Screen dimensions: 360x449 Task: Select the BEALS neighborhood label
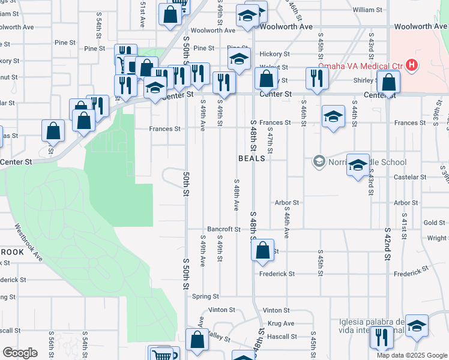tap(252, 158)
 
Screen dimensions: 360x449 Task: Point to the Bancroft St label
tap(223, 229)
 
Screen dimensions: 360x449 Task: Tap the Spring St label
tap(205, 296)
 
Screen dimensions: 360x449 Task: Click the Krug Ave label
tap(281, 323)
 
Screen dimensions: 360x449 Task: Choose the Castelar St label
tap(410, 177)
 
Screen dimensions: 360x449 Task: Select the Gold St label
tap(433, 223)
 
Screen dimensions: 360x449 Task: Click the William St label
tap(367, 10)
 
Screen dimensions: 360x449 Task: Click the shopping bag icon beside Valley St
tap(197, 340)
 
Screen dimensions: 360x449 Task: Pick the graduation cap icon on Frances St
tap(333, 117)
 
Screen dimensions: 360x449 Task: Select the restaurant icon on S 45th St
tap(316, 79)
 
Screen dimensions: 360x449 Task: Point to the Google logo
tap(20, 352)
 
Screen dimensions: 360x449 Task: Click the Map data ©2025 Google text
tap(412, 355)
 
